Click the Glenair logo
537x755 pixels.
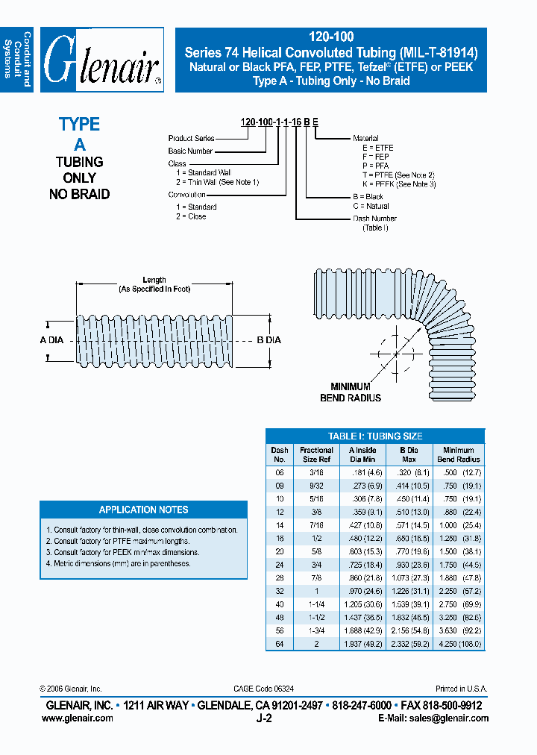(101, 60)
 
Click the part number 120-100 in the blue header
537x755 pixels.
(330, 37)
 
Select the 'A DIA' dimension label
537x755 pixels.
(51, 339)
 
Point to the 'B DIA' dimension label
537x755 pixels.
(268, 339)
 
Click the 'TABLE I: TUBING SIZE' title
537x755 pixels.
(375, 436)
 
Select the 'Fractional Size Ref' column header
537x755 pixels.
(316, 454)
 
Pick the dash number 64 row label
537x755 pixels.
(279, 643)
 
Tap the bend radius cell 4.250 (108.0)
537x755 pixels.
(458, 643)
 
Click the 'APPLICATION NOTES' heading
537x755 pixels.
(143, 510)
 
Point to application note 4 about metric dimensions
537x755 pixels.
(118, 564)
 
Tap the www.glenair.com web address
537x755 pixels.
(78, 718)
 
